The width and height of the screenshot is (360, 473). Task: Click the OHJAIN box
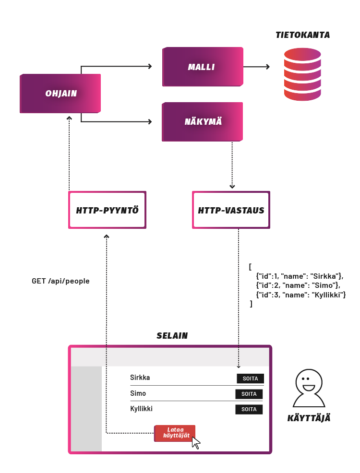[x=60, y=94]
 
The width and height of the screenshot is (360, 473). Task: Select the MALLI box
[x=202, y=67]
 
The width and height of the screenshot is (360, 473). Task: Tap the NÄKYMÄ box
[x=203, y=121]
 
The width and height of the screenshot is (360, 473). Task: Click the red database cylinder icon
[x=302, y=74]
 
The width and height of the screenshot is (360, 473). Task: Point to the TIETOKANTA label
[x=302, y=35]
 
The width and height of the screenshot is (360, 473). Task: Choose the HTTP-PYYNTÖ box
[x=107, y=210]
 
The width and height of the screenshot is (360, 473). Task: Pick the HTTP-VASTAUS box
[x=231, y=210]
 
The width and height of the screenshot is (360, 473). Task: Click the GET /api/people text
[x=60, y=281]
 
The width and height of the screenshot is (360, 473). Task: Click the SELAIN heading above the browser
[x=172, y=336]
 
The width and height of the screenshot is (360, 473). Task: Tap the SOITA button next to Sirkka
[x=250, y=378]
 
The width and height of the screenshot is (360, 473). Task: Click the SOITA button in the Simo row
[x=249, y=394]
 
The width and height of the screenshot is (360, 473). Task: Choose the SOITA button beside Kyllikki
[x=249, y=409]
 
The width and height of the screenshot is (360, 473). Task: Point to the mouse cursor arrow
[x=196, y=443]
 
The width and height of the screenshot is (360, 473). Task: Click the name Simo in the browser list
[x=138, y=393]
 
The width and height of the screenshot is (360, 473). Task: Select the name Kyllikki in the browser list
[x=141, y=409]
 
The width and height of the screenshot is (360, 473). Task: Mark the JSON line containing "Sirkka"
[x=299, y=276]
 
